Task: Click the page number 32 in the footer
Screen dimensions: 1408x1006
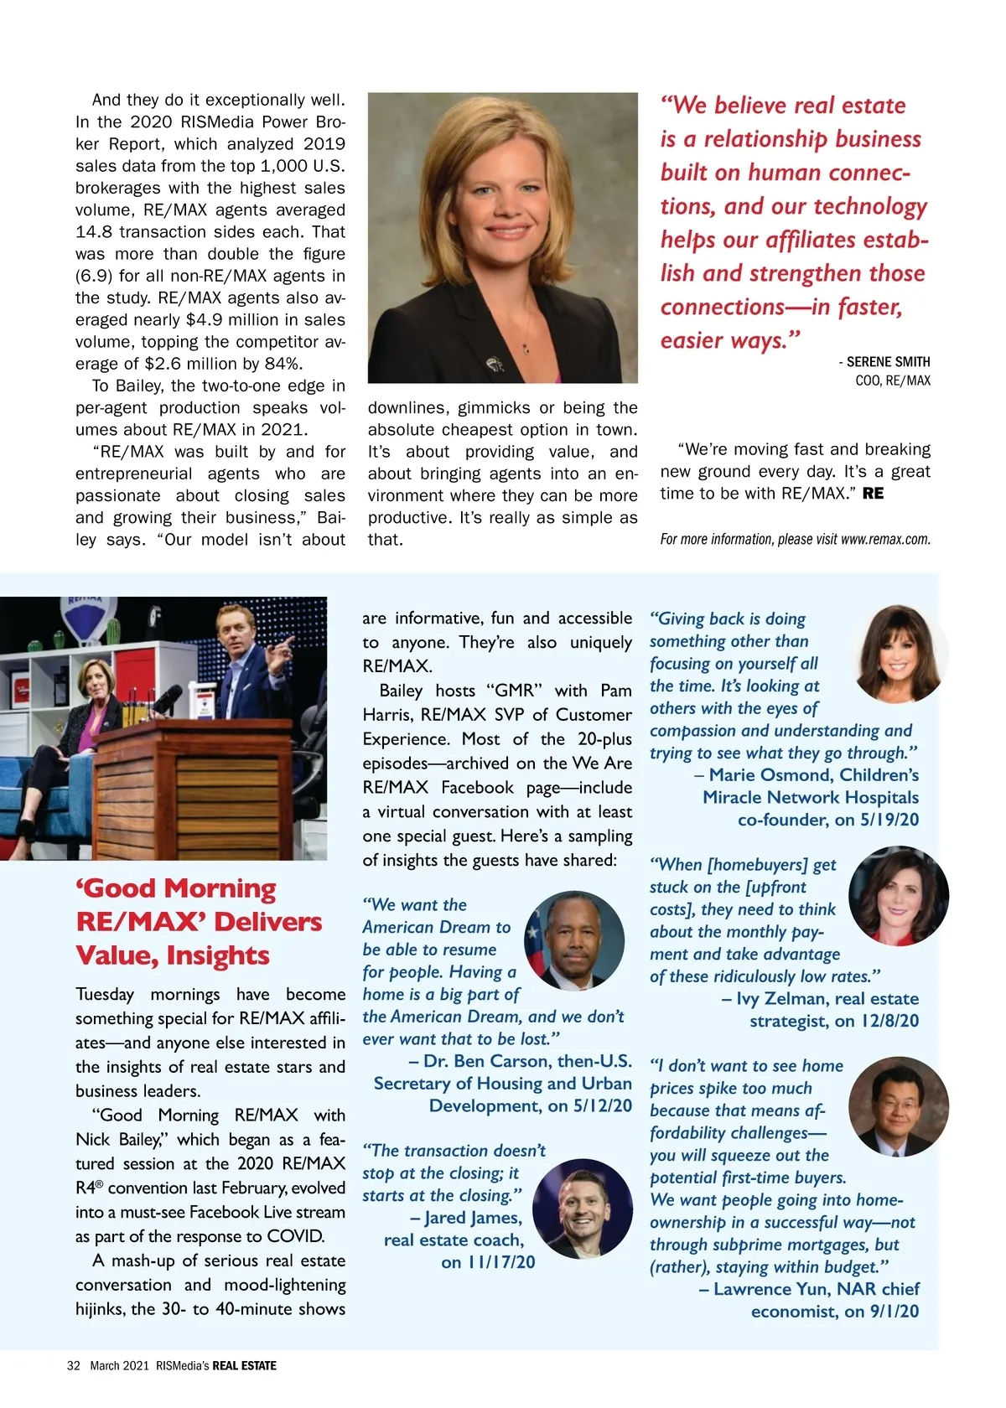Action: [x=74, y=1365]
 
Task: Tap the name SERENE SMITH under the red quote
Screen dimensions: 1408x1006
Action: [x=888, y=362]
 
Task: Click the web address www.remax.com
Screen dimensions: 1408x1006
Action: [x=885, y=540]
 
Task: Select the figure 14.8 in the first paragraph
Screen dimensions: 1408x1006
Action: [x=93, y=232]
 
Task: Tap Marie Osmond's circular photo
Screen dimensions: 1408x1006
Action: [x=898, y=653]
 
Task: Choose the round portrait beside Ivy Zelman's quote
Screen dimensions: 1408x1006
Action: [x=898, y=896]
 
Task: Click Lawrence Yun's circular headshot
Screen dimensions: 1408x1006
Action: [x=898, y=1106]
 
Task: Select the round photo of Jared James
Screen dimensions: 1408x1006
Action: [x=582, y=1209]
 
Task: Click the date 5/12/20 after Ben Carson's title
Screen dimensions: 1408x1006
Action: [x=602, y=1106]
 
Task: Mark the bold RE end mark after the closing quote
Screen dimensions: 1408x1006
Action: [x=873, y=494]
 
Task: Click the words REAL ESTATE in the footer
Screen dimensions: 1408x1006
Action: [x=244, y=1365]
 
